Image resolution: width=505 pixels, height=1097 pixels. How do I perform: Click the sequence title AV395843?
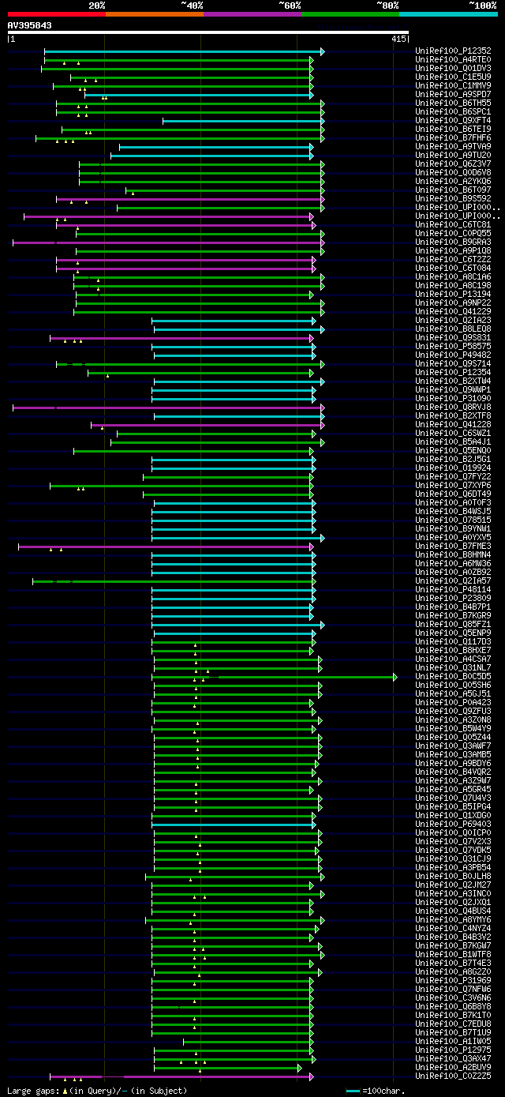30,25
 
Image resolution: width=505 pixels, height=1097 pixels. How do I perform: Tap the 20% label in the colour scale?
97,5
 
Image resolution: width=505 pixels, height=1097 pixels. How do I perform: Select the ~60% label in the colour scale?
290,5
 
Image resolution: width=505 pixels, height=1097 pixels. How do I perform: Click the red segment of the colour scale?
56,13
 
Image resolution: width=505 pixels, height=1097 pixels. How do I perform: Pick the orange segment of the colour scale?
154,13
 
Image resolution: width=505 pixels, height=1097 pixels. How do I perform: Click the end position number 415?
398,39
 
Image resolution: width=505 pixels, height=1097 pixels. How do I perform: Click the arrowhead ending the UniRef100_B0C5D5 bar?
395,677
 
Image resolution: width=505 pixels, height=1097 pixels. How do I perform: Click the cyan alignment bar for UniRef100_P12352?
181,51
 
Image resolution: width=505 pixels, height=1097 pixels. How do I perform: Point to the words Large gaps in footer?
32,1091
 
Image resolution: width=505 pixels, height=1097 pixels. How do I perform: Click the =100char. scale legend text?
383,1091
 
